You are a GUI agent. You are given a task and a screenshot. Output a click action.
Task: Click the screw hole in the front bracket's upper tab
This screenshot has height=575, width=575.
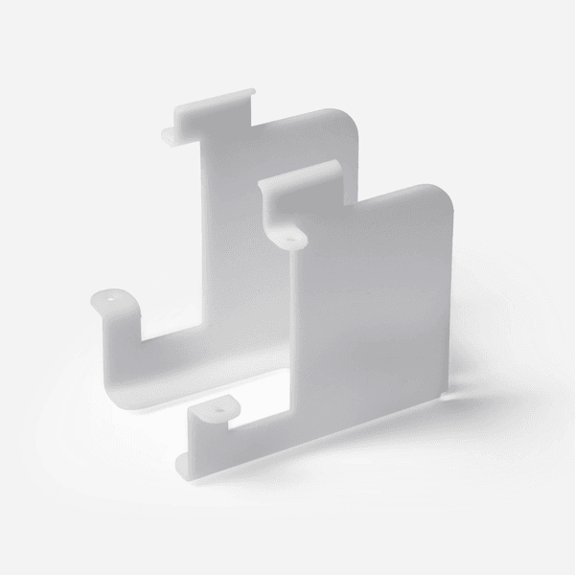pyautogui.click(x=289, y=236)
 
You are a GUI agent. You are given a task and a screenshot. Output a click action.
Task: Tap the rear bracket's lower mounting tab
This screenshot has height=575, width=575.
pyautogui.click(x=113, y=300)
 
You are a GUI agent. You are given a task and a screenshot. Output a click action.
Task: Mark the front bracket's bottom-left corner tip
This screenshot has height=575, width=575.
pyautogui.click(x=182, y=470)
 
